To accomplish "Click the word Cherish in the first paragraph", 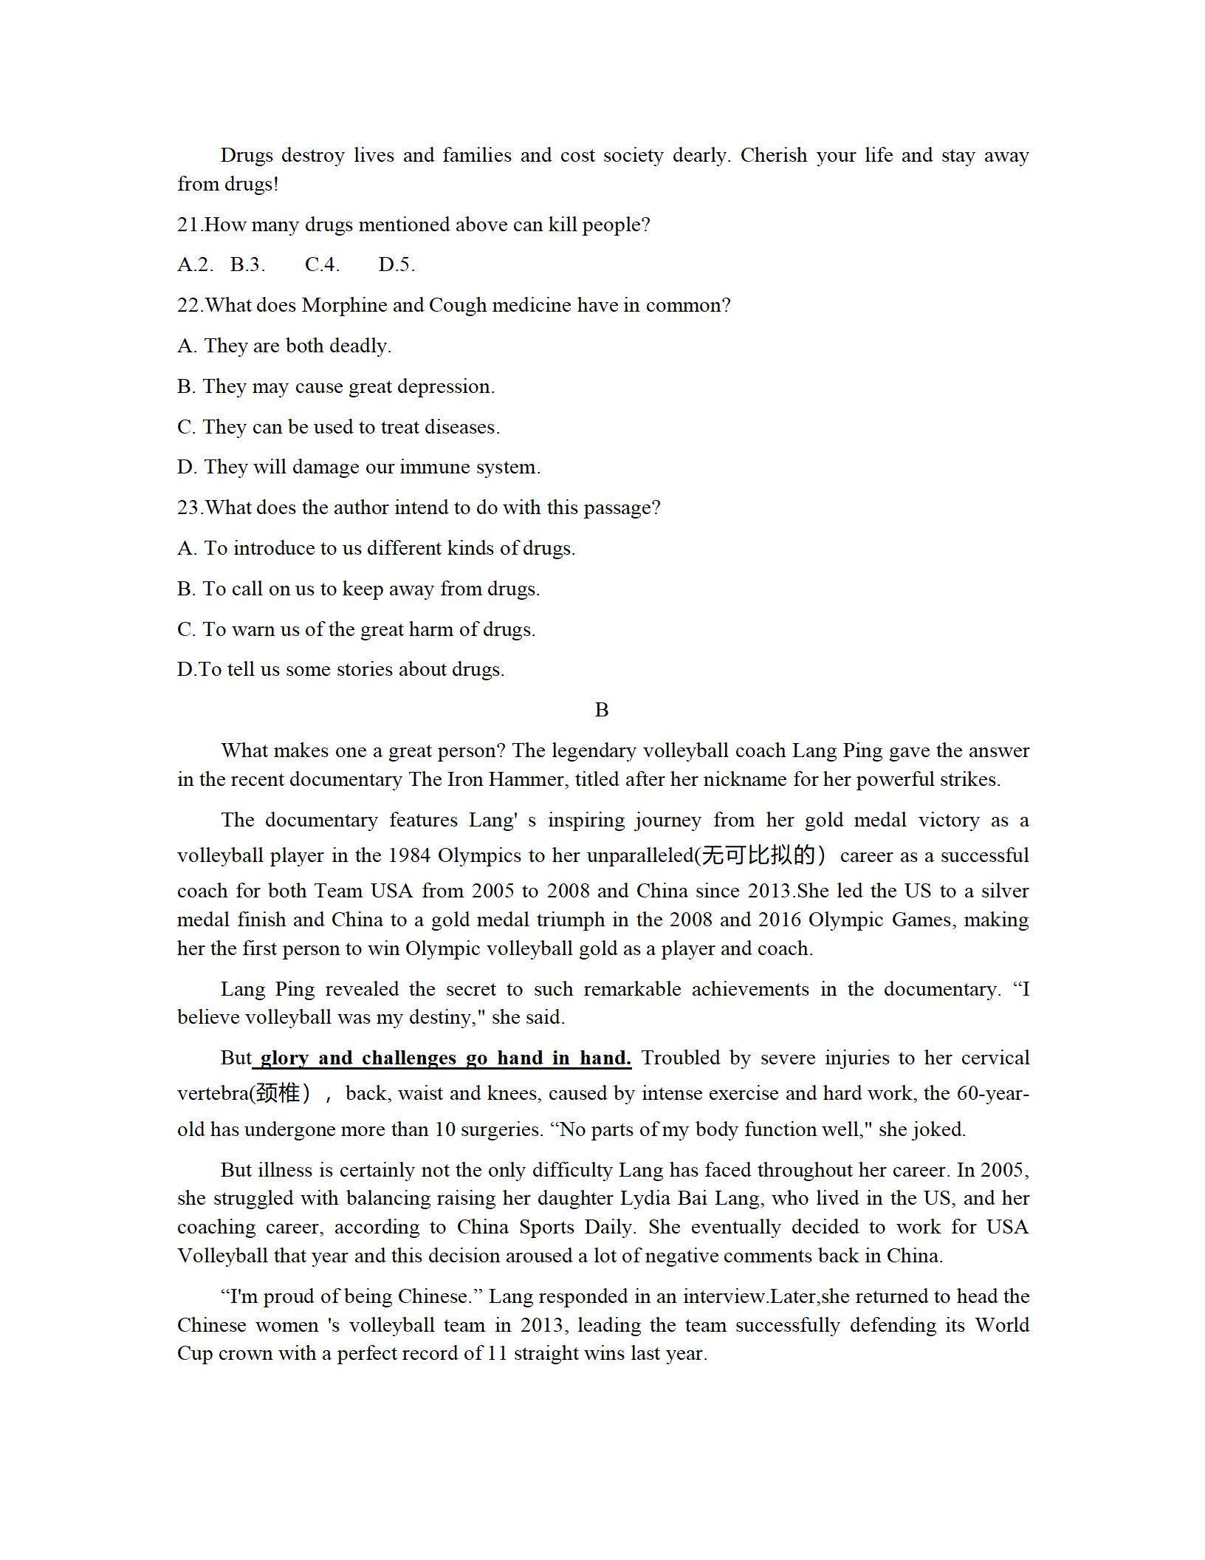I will pos(774,156).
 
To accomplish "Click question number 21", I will pos(188,225).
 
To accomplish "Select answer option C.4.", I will pos(322,264).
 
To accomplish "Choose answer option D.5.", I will pos(396,264).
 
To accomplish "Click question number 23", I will pos(188,507).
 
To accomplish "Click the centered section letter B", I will pos(602,710).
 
